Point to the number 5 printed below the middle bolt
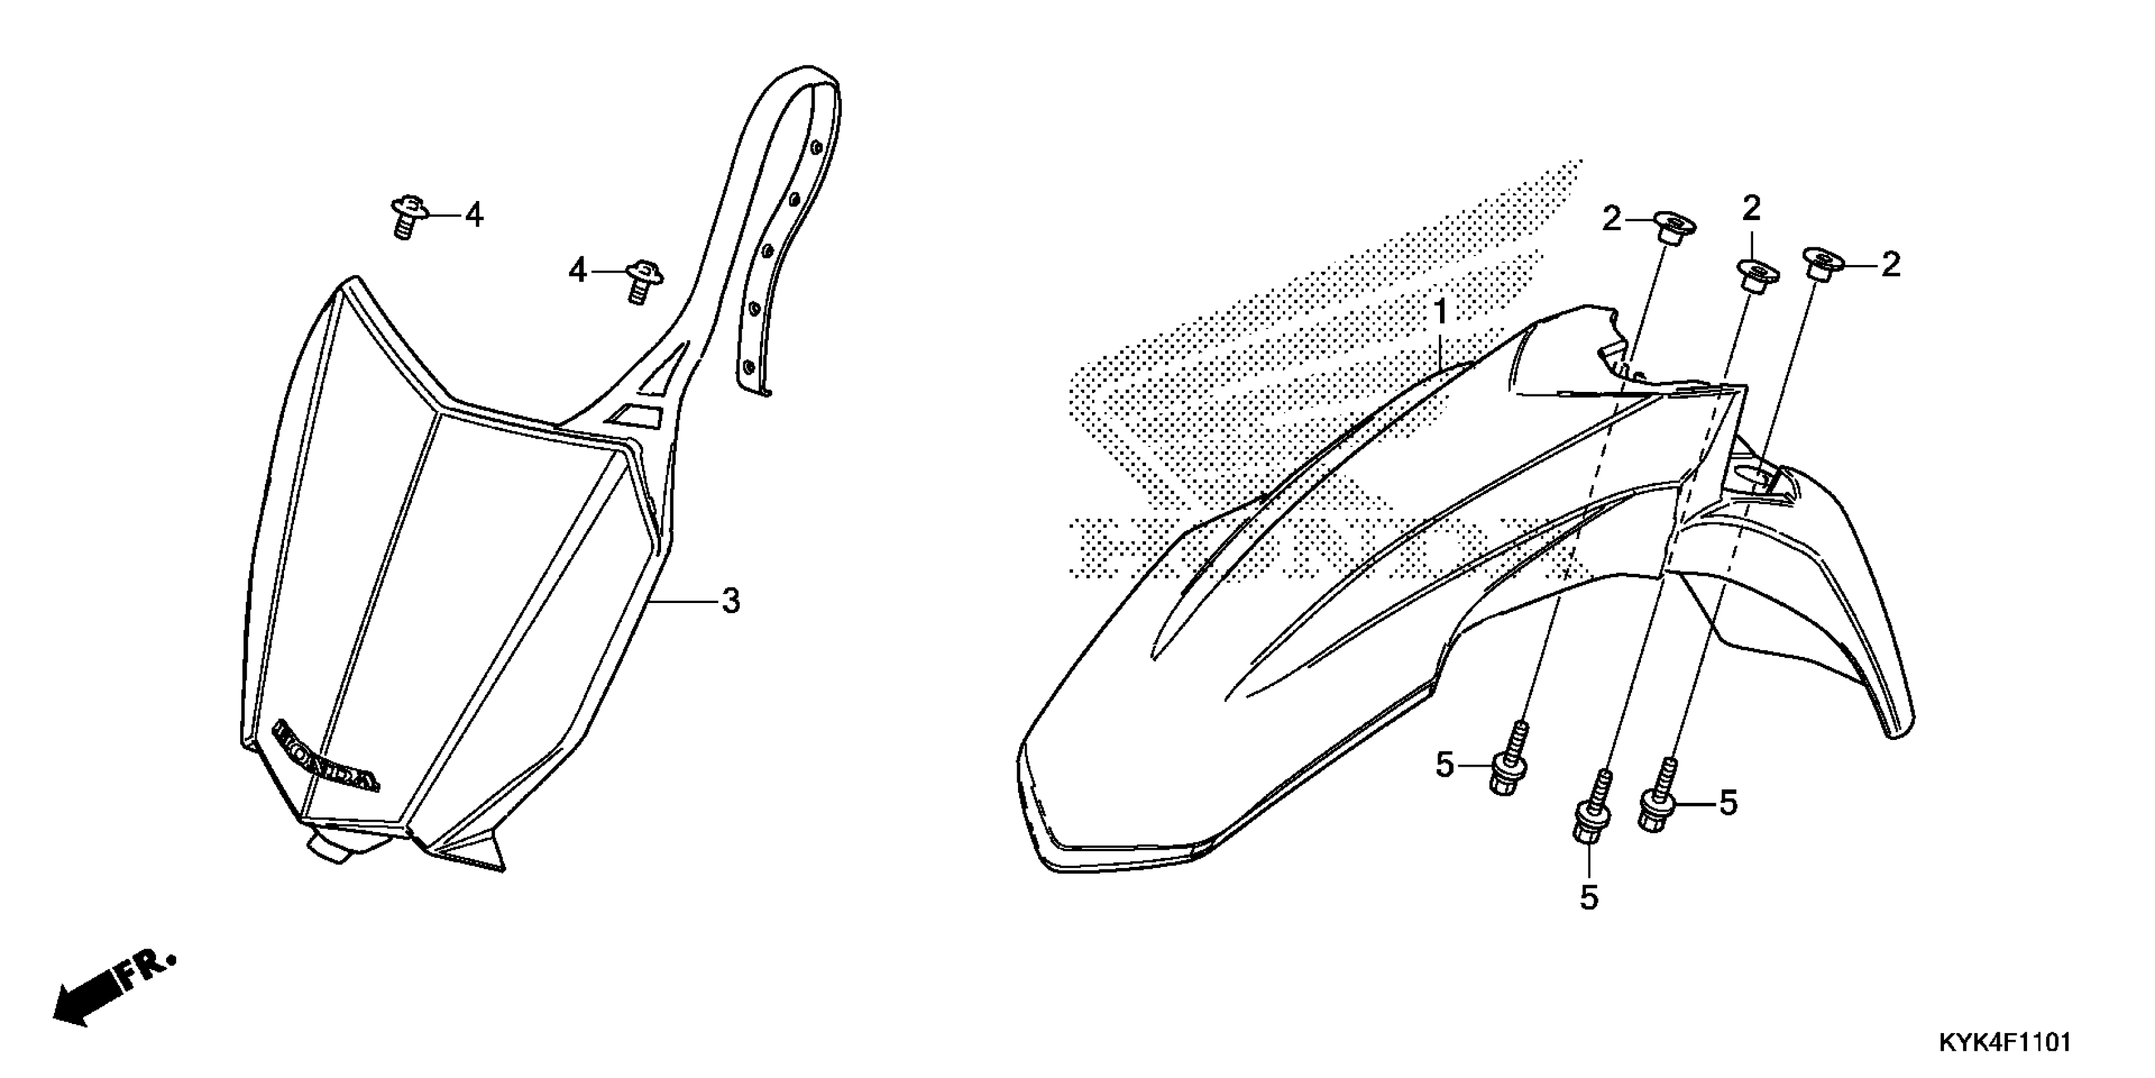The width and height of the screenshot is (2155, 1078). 1588,897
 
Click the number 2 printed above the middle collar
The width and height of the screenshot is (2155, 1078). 1751,209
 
